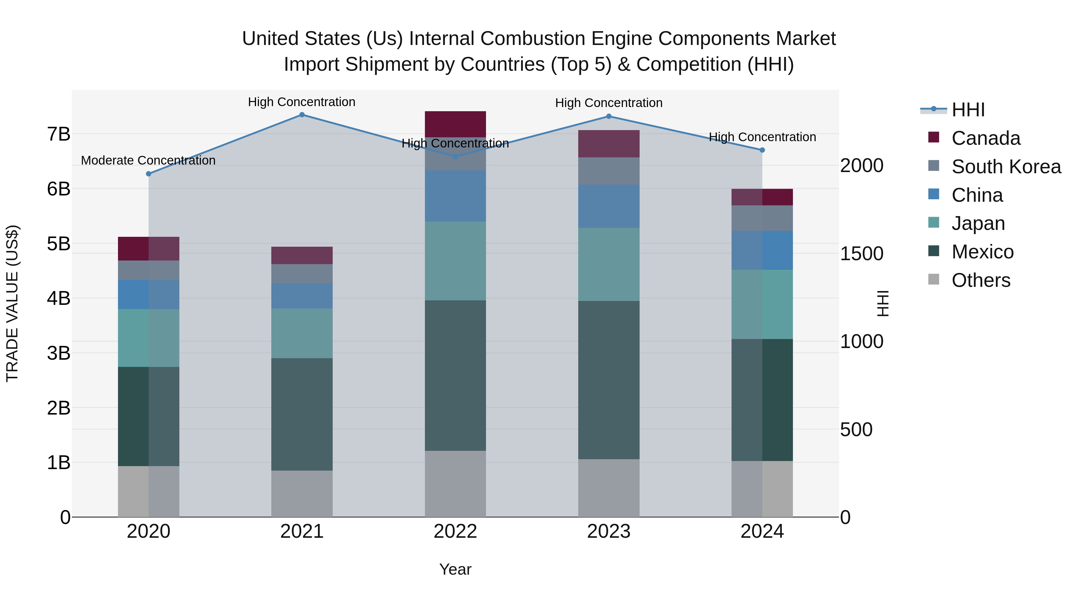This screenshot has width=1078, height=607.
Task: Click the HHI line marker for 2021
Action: coord(302,115)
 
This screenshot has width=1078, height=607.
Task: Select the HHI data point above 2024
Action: coord(762,150)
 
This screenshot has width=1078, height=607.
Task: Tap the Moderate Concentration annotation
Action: coord(148,160)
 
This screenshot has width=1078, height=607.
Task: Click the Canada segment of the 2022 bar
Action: coord(455,124)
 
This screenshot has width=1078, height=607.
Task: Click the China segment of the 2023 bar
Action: coord(609,206)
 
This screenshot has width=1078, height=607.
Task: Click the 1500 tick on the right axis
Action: coord(862,253)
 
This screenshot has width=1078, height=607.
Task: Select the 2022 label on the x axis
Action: coord(455,531)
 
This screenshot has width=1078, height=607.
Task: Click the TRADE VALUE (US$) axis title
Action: coord(12,303)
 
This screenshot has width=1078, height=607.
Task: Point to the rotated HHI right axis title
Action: coord(882,303)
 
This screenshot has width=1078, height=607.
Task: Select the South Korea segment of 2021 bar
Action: coord(302,274)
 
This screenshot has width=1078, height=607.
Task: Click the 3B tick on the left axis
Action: coord(59,353)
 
